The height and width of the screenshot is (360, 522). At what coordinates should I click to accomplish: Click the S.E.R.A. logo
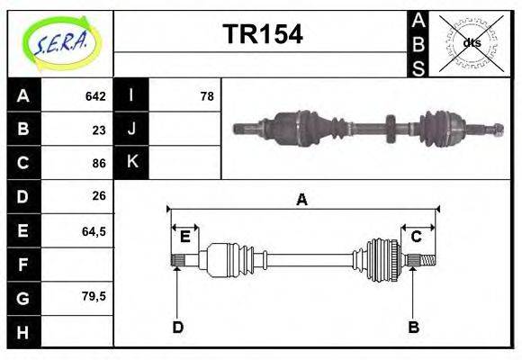(59, 43)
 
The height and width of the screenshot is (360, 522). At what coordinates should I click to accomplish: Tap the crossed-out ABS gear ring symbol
(470, 43)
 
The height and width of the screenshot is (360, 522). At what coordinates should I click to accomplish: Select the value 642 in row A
(95, 96)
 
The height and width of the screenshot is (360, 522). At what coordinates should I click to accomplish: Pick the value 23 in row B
(99, 130)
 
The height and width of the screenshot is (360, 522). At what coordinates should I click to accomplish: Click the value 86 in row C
(99, 164)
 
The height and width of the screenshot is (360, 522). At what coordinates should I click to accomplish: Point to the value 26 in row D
(99, 195)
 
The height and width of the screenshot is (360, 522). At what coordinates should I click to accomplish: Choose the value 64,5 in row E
(94, 231)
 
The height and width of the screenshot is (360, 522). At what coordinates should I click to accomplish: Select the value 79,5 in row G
(94, 296)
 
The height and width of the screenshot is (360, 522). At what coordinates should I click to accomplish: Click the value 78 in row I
(207, 96)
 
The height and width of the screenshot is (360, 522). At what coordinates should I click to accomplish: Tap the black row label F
(23, 265)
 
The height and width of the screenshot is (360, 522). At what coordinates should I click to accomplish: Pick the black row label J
(131, 129)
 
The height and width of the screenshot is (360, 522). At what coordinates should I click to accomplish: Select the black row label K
(131, 162)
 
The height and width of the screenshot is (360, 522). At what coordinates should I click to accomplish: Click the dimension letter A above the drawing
(302, 200)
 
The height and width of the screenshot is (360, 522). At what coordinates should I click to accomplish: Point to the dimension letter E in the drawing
(185, 237)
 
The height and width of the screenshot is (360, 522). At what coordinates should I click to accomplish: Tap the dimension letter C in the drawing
(417, 237)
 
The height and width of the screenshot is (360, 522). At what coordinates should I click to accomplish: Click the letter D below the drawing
(177, 328)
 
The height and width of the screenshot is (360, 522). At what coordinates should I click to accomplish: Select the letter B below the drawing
(413, 328)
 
